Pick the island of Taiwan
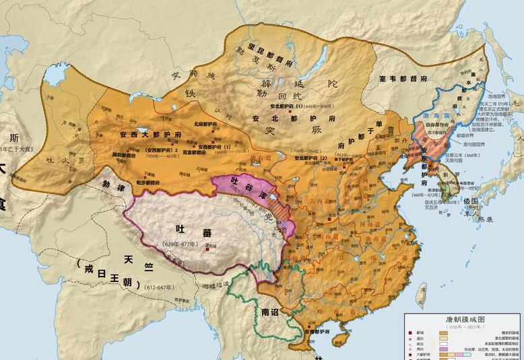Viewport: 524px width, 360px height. (421, 293)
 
